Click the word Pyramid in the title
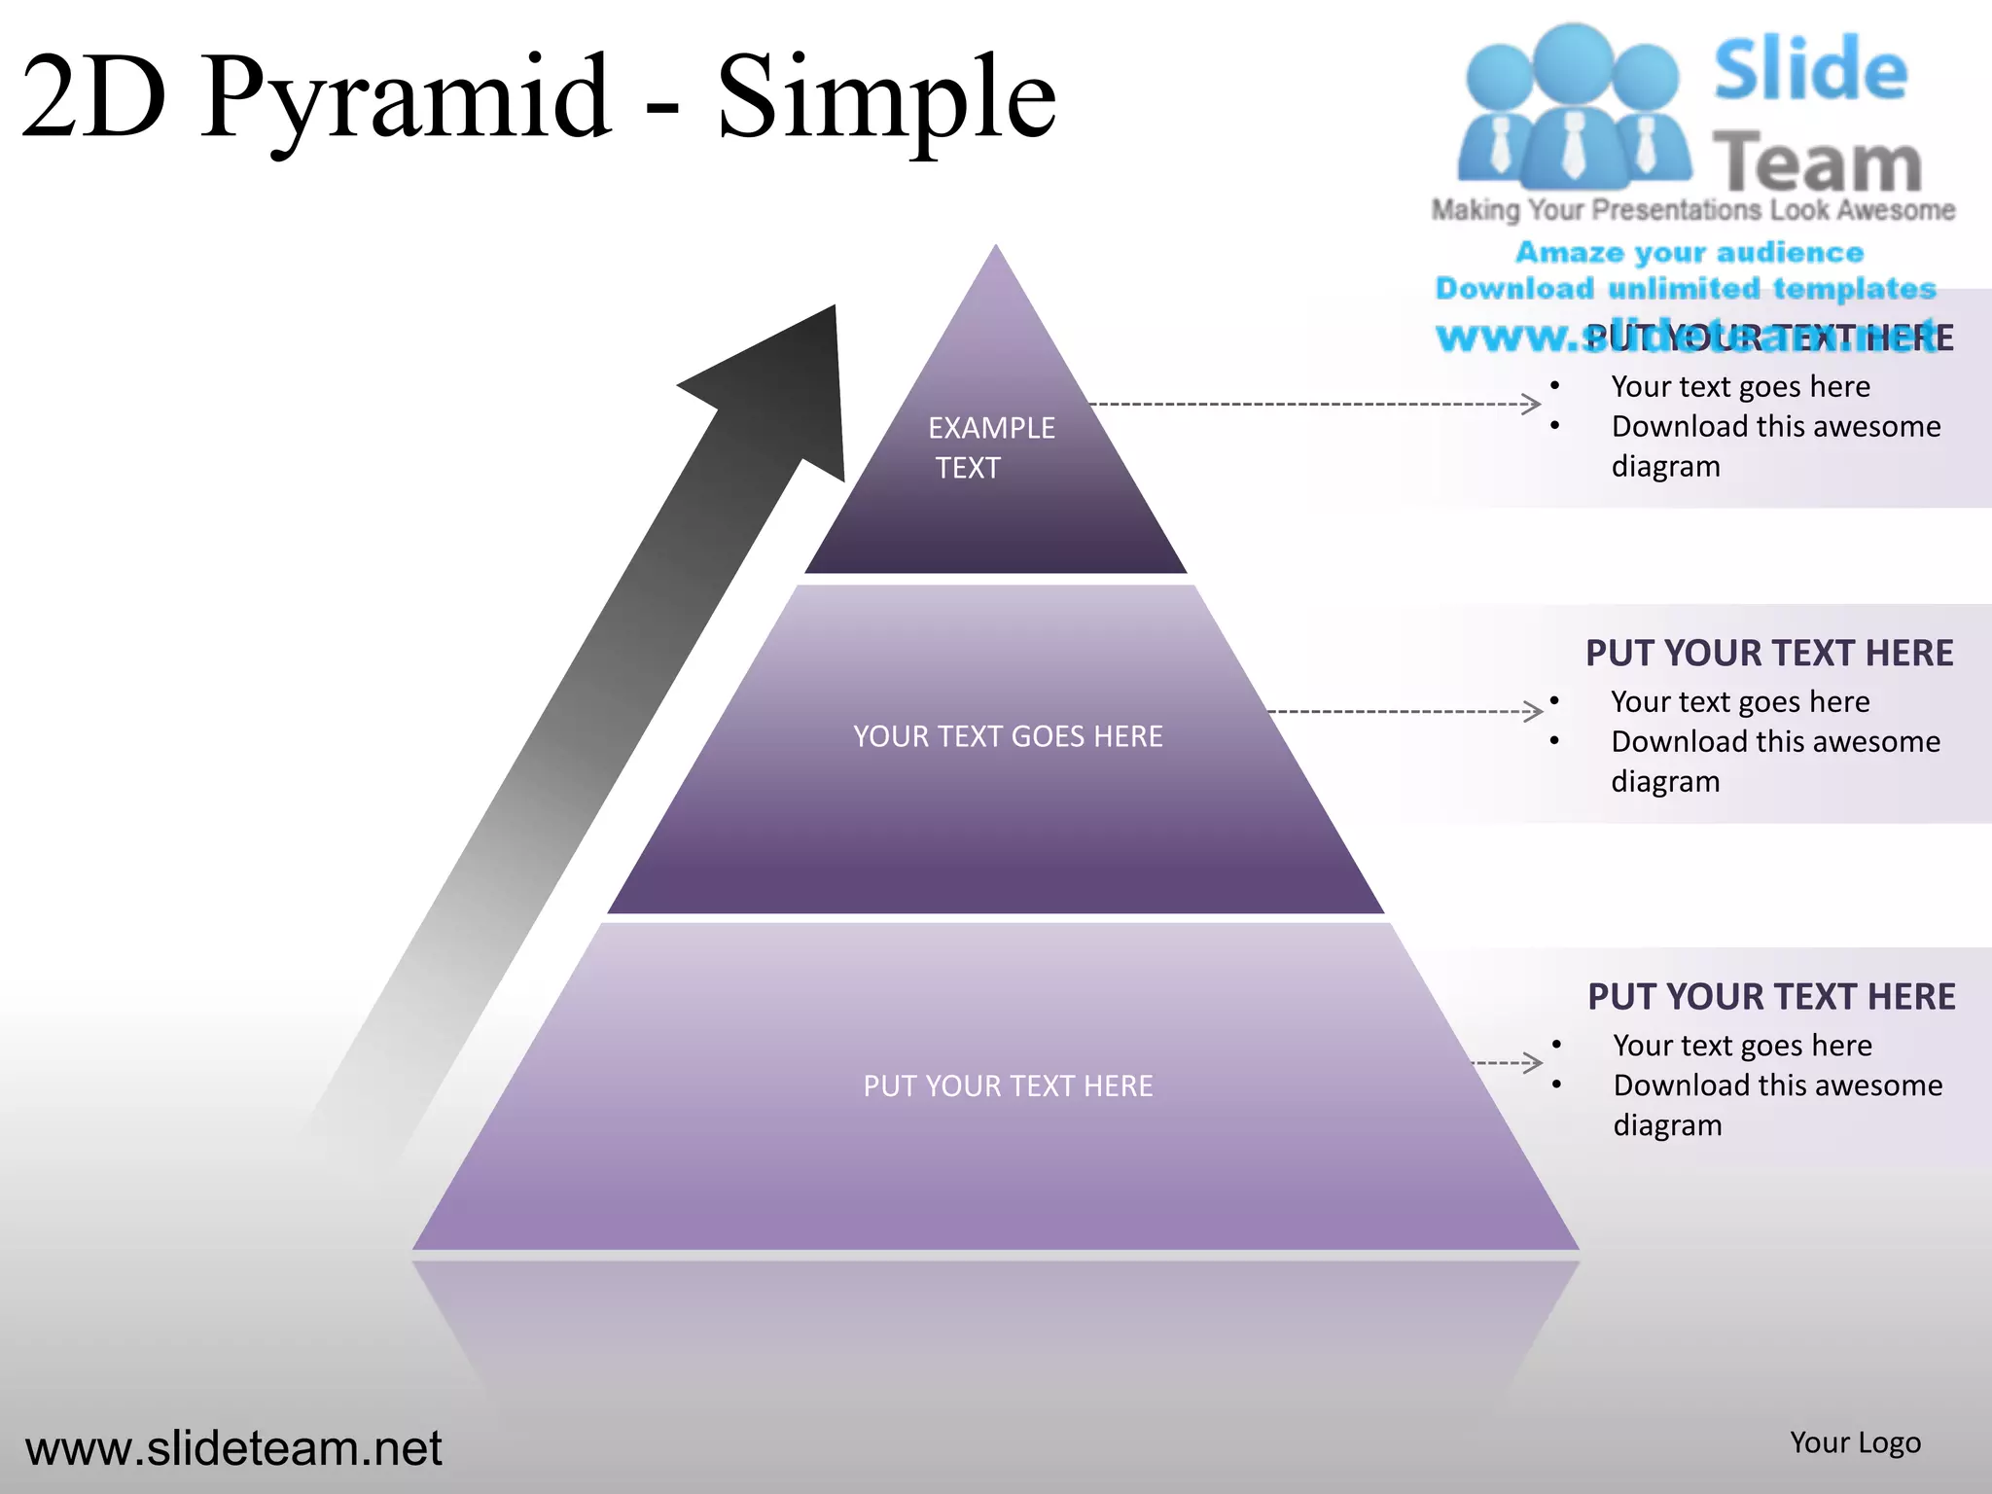coord(409,97)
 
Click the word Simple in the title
coord(885,97)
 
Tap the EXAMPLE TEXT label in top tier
coord(990,447)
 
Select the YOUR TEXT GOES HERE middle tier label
coord(1008,736)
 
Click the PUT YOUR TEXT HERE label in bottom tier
coord(1008,1085)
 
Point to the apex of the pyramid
coord(995,249)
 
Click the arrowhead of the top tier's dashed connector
coord(1531,404)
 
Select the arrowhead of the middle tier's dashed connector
coord(1534,711)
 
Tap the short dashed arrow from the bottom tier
coord(1508,1062)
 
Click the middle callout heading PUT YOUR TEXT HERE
coord(1768,653)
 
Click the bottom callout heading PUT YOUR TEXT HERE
coord(1770,997)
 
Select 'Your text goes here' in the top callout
coord(1740,386)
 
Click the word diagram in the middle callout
coord(1665,781)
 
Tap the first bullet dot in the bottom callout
coord(1556,1045)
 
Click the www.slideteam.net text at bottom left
coord(233,1447)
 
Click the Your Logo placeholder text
coord(1855,1442)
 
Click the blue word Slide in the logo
coord(1810,70)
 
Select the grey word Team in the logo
coord(1816,162)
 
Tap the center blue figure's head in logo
coord(1573,58)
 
